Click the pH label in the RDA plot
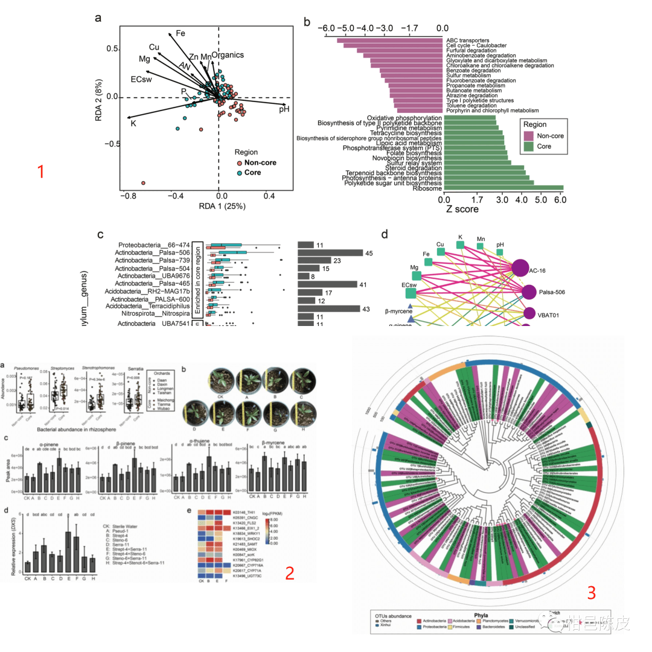tap(284, 109)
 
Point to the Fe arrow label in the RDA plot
tap(181, 33)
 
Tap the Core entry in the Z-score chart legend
tap(545, 146)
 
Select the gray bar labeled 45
tap(330, 253)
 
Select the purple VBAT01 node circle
tap(529, 314)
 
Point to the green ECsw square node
tap(411, 293)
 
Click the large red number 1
tap(41, 172)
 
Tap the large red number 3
tap(591, 593)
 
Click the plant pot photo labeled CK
tap(220, 381)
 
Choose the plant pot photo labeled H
tap(302, 414)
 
